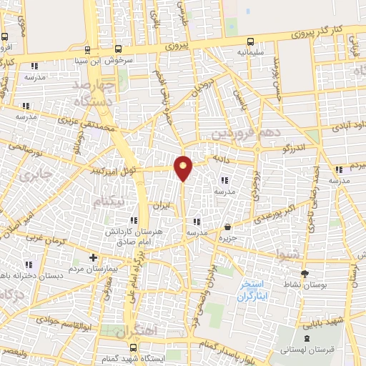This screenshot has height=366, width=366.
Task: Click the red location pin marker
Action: [x=184, y=168]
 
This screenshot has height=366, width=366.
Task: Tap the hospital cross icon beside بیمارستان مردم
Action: [x=92, y=257]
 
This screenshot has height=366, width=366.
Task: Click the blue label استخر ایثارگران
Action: [x=254, y=287]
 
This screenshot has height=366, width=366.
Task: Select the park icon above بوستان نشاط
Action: [x=305, y=273]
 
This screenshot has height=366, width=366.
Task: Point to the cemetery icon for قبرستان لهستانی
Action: [x=307, y=338]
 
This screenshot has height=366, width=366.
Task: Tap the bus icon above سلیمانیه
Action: [x=250, y=41]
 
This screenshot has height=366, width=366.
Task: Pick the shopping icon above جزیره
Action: [x=227, y=226]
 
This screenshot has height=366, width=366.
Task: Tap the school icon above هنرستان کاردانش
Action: [x=133, y=221]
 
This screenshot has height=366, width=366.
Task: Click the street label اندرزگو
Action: [x=293, y=147]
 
